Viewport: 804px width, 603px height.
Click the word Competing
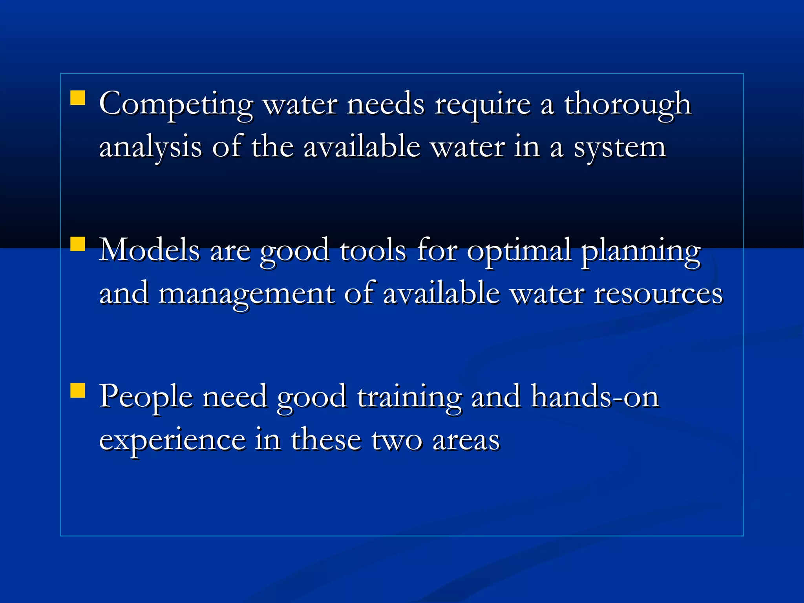(x=176, y=104)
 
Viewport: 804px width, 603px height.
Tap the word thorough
(x=627, y=104)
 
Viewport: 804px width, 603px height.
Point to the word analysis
(x=150, y=148)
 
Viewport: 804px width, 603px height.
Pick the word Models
(x=149, y=250)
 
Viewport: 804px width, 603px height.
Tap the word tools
(x=373, y=250)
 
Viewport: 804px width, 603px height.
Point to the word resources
(x=658, y=294)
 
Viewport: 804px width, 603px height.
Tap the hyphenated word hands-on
(x=595, y=397)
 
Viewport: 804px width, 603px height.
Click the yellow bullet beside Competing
(x=78, y=98)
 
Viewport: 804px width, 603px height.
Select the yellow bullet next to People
(x=78, y=391)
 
